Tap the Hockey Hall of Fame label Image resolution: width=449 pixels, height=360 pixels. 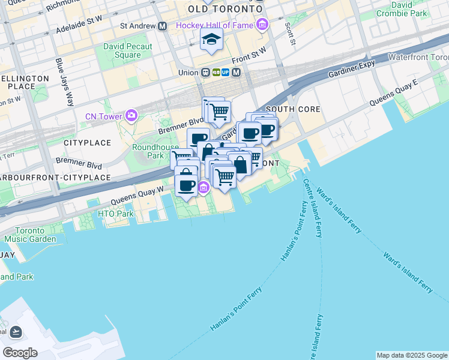tap(215, 25)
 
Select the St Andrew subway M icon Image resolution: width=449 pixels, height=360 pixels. tap(162, 26)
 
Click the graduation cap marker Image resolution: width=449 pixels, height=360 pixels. tap(211, 40)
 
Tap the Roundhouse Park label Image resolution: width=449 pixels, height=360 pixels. tap(148, 151)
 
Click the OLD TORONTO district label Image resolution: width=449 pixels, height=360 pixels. tap(225, 10)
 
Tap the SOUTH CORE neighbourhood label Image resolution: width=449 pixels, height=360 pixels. tap(293, 109)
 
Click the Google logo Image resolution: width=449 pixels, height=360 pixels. tap(20, 352)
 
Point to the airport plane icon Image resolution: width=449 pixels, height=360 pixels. tap(16, 332)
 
